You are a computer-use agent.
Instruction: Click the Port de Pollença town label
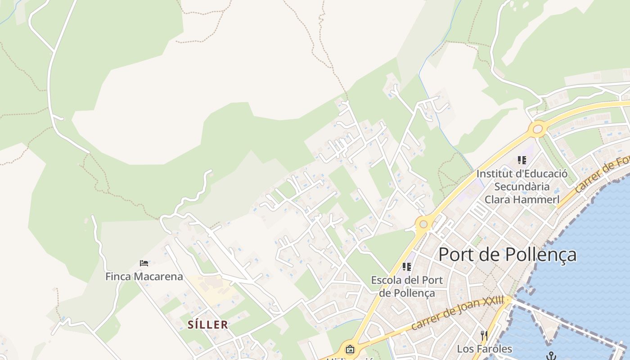coord(507,255)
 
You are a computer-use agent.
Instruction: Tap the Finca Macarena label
coord(144,276)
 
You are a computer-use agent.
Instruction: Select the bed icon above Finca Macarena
coord(144,263)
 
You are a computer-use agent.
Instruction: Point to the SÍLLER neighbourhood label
coord(207,324)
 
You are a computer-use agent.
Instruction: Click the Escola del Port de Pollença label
coord(407,287)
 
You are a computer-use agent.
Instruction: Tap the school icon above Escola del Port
coord(407,267)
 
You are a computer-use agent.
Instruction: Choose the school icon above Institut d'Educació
coord(522,160)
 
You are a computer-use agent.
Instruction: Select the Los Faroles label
coord(484,349)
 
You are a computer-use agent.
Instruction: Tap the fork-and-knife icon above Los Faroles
coord(484,335)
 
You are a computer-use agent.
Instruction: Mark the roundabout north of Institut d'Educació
coord(538,130)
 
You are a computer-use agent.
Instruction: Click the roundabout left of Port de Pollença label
coord(423,224)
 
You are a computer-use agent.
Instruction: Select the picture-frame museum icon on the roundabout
coord(350,349)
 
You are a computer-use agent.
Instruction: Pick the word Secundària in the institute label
coord(522,186)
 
